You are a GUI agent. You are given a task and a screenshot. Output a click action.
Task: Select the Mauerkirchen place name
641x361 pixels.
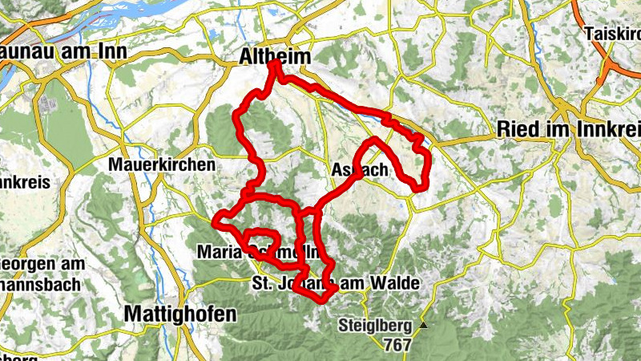(163, 164)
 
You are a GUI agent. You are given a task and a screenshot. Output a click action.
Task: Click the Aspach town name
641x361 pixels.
(359, 170)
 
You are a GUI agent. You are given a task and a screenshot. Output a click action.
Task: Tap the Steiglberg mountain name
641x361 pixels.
(375, 326)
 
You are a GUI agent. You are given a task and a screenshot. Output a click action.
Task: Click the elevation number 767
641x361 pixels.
(397, 346)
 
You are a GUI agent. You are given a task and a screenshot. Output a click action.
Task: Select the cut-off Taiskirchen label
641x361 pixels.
(612, 34)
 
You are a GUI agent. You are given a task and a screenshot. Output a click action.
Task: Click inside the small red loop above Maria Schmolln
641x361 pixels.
(261, 239)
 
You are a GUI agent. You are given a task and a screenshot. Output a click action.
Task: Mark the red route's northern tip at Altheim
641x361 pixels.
(275, 63)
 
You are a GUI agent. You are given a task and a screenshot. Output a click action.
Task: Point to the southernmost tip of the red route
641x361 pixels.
(320, 301)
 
